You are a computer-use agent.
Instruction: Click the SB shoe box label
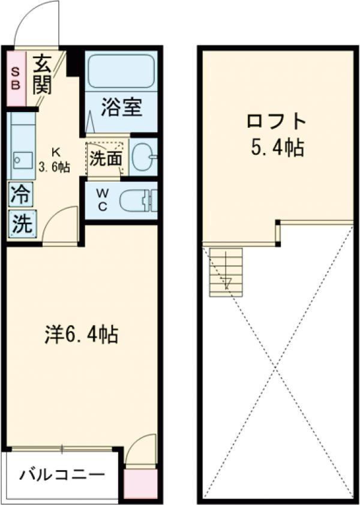(x=16, y=79)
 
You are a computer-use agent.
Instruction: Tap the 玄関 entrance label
(x=42, y=74)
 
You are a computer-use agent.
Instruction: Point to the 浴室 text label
(x=121, y=108)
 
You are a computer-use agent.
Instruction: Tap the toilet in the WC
(x=137, y=200)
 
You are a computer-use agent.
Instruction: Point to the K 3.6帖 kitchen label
(x=55, y=160)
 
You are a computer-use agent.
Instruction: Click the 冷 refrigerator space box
(x=20, y=195)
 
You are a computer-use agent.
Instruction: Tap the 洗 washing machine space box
(x=21, y=224)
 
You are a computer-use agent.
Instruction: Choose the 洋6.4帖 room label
(x=81, y=334)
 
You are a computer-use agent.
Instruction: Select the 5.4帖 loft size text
(x=277, y=148)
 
